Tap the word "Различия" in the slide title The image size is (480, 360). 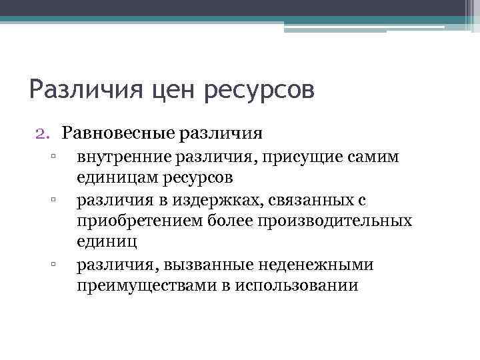[85, 89]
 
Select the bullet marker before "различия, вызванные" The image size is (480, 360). [51, 265]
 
